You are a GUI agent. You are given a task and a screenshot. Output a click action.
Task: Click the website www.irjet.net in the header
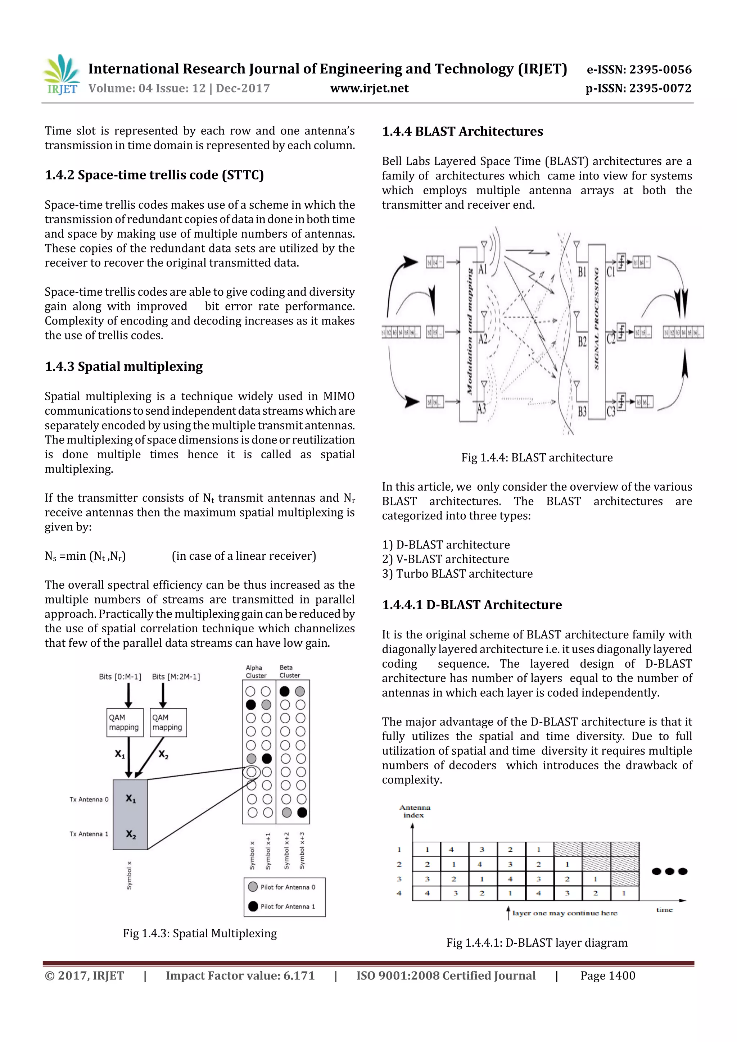[x=369, y=88]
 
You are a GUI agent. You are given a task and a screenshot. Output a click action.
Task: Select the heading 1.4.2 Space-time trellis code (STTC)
[x=154, y=175]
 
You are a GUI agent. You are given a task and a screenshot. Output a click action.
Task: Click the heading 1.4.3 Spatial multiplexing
[x=123, y=367]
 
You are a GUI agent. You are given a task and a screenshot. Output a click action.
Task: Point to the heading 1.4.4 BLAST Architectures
[x=462, y=132]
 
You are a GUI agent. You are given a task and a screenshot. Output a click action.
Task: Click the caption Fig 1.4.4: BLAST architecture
[x=537, y=458]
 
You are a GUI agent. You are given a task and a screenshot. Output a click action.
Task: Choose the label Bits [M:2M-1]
[x=176, y=677]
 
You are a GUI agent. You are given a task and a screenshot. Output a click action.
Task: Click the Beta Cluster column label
[x=290, y=671]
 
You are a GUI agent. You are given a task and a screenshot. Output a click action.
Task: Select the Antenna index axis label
[x=414, y=811]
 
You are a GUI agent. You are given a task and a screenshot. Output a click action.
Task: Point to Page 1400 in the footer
[x=607, y=976]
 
